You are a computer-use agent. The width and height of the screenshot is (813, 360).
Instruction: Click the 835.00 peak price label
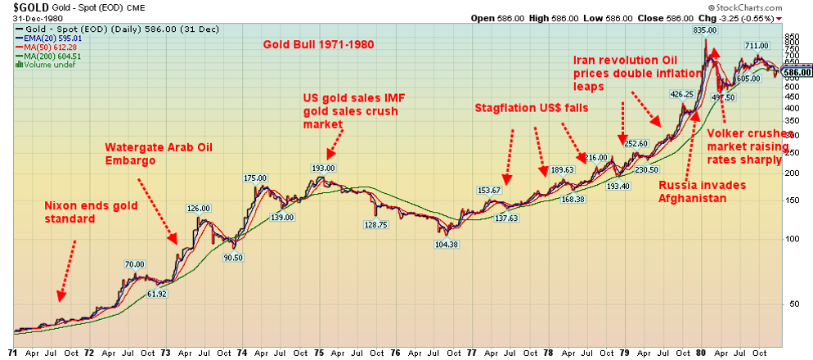coord(693,29)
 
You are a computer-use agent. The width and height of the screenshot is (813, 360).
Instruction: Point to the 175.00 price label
coord(256,178)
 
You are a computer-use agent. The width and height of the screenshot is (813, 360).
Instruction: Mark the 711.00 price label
coord(755,46)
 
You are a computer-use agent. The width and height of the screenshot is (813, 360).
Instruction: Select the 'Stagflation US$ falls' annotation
coord(531,108)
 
